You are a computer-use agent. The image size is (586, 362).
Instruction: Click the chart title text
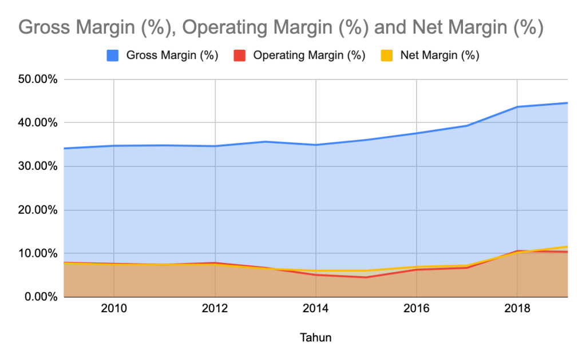[281, 27]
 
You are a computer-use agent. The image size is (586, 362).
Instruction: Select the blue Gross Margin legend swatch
[113, 55]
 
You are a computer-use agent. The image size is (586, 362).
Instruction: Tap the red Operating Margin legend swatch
[240, 55]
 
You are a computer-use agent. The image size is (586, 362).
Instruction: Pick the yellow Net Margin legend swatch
[387, 55]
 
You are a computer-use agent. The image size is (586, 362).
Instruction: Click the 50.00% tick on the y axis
[38, 79]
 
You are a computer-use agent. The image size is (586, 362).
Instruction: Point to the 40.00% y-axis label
[38, 123]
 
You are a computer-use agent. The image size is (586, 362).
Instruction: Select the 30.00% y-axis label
[38, 166]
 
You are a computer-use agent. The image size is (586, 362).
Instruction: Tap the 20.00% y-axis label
[38, 210]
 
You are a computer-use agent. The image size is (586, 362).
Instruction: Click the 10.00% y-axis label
[38, 253]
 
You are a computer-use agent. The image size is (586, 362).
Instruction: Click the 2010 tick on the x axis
[114, 309]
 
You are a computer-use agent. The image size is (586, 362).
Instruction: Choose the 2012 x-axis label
[215, 309]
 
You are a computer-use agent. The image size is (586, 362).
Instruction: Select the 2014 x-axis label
[316, 309]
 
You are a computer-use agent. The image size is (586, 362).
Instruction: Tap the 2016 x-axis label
[417, 309]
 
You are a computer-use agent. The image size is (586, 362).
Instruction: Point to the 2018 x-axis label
[517, 309]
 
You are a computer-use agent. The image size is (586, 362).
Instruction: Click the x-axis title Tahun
[316, 337]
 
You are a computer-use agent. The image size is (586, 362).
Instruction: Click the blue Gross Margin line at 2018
[517, 107]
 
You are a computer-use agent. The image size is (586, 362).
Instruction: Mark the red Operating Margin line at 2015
[366, 277]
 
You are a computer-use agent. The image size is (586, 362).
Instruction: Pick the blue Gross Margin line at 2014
[316, 145]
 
